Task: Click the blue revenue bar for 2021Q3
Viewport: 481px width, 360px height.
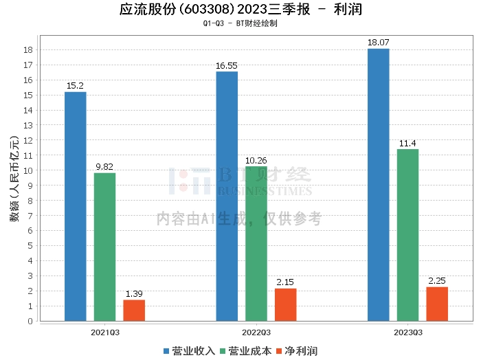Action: [76, 206]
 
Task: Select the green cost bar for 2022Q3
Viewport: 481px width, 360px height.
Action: [256, 244]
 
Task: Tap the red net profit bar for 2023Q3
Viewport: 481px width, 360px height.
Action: [437, 304]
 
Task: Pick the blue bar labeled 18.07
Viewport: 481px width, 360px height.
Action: [379, 185]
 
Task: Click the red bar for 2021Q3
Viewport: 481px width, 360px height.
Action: [134, 311]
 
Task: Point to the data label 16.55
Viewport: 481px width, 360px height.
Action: [227, 66]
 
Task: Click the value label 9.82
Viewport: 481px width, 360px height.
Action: [104, 166]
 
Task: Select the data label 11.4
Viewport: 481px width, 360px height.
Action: [407, 143]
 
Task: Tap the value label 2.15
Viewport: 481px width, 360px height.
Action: [285, 282]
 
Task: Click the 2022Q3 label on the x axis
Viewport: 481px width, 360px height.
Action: [256, 333]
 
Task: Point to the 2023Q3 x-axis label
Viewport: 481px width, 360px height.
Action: [408, 333]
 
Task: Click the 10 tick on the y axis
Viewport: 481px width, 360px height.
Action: [28, 170]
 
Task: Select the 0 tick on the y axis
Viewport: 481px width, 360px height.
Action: [30, 321]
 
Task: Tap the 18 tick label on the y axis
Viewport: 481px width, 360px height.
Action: [28, 50]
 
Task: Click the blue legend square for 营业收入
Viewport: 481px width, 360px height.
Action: [166, 351]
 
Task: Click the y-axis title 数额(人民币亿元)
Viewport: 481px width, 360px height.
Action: [14, 179]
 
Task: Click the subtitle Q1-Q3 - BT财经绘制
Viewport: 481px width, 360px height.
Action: [240, 23]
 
